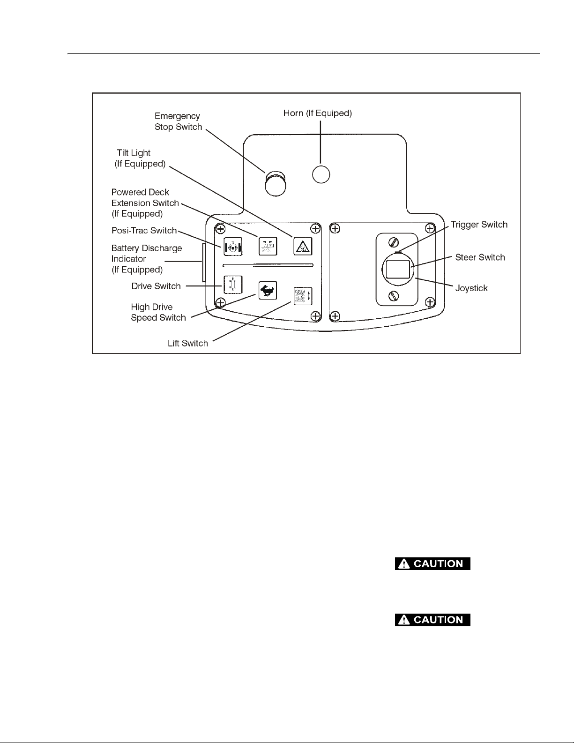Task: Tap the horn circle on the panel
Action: (321, 174)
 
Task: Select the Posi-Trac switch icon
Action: (233, 247)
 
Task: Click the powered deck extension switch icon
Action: (268, 246)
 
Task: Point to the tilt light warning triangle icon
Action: (303, 246)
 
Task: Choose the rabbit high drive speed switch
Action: (268, 291)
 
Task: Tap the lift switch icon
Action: (303, 296)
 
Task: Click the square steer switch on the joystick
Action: (398, 269)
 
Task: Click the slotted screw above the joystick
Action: (394, 242)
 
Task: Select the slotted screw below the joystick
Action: (394, 295)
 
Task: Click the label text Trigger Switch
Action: (479, 225)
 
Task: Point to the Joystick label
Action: (471, 288)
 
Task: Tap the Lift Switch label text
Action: (187, 343)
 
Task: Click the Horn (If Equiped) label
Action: (317, 113)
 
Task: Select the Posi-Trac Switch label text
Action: (144, 231)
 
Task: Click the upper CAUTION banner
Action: (432, 563)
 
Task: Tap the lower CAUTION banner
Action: (432, 620)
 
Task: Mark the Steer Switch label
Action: (480, 257)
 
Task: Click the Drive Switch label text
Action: (156, 286)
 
